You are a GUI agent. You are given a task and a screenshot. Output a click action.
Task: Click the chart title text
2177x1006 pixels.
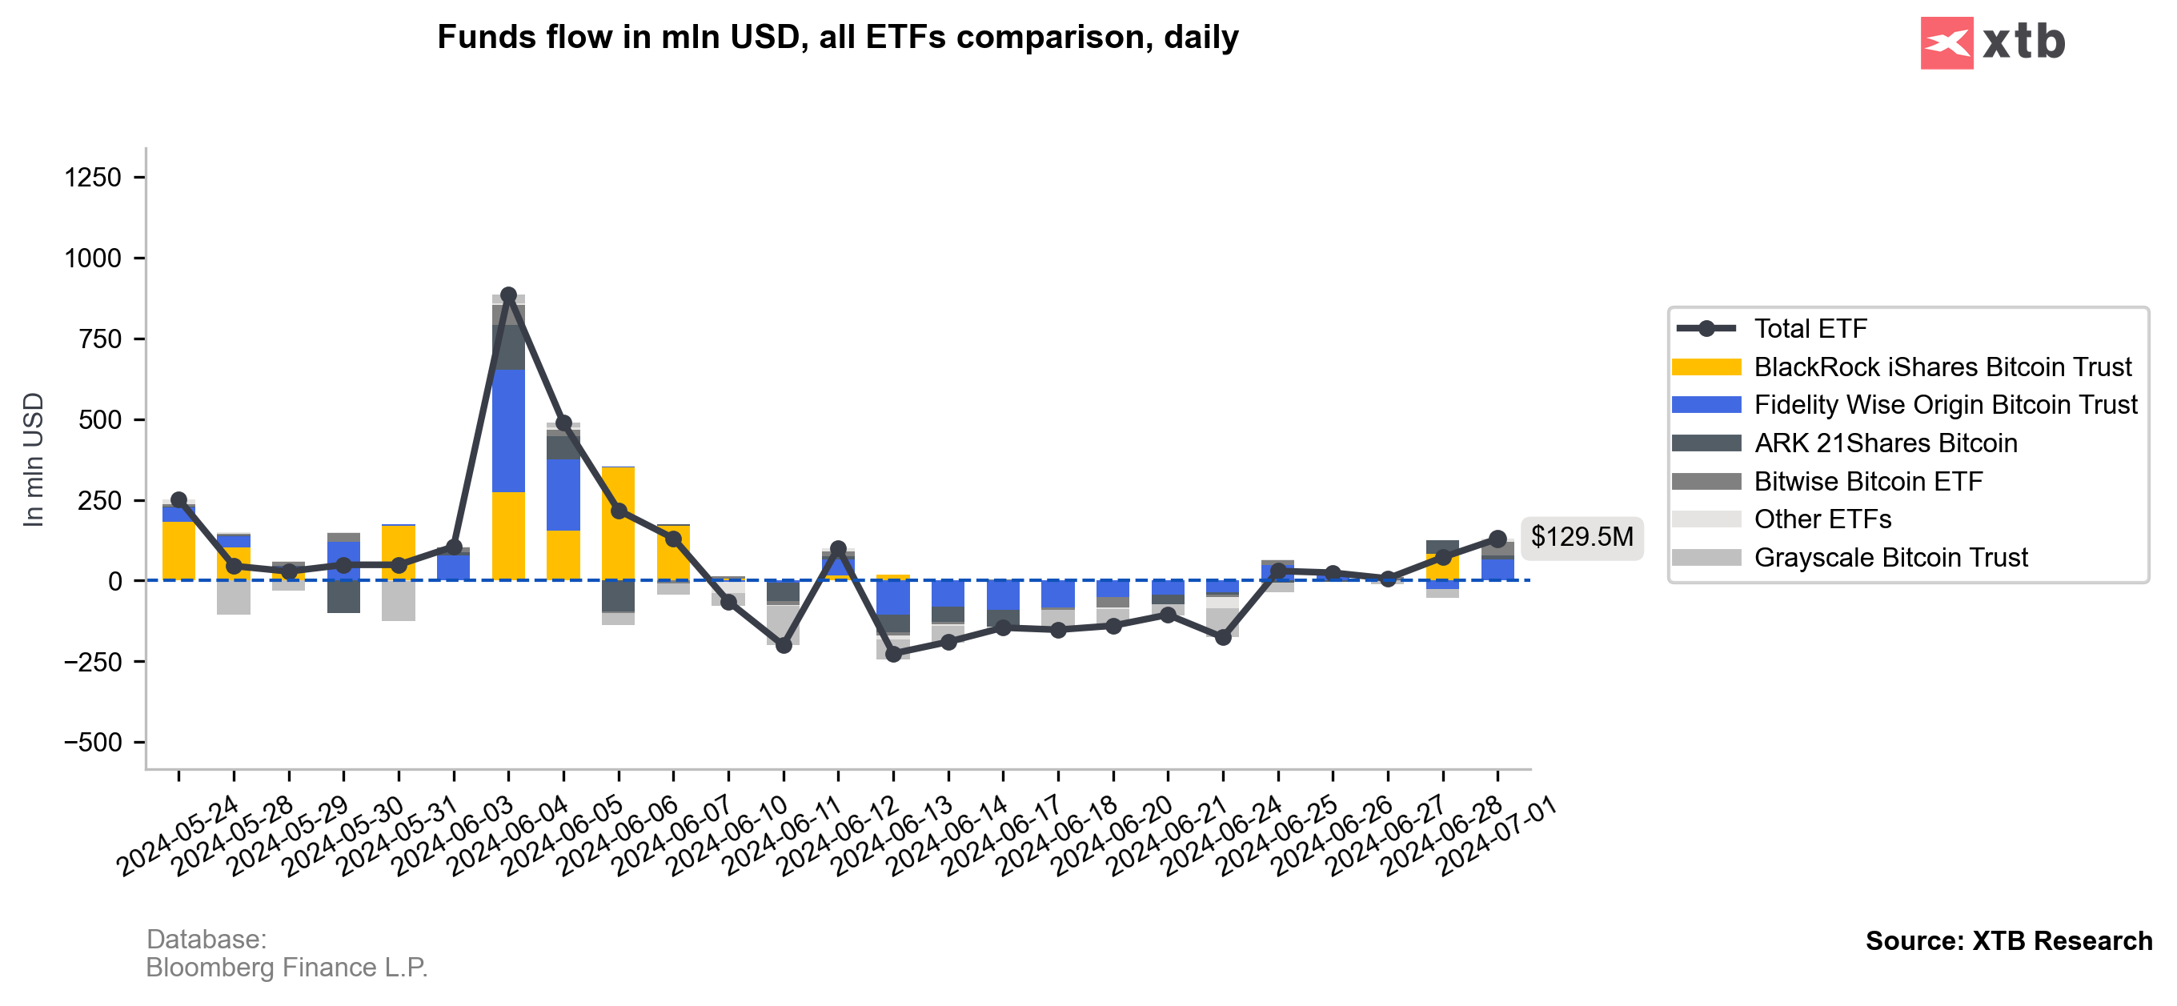pyautogui.click(x=836, y=37)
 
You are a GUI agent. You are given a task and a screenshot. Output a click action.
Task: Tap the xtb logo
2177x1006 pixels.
pyautogui.click(x=1991, y=42)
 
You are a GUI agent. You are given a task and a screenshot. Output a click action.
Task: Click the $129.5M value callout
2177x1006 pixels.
pyautogui.click(x=1582, y=537)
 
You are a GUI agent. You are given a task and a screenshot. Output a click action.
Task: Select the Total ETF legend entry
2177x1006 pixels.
pyautogui.click(x=1810, y=328)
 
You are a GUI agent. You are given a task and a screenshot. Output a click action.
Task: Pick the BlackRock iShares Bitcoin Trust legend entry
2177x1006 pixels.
pyautogui.click(x=1941, y=367)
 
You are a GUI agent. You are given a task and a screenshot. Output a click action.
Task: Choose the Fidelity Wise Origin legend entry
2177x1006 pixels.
pyautogui.click(x=1945, y=405)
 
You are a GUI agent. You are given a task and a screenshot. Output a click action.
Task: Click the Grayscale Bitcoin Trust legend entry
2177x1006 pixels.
pyautogui.click(x=1890, y=558)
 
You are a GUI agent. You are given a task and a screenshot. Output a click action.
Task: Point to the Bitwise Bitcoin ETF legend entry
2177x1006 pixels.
pyautogui.click(x=1868, y=482)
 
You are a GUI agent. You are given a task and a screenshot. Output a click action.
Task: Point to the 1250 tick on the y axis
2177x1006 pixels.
pyautogui.click(x=93, y=178)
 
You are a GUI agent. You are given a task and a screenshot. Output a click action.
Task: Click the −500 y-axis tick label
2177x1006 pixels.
pyautogui.click(x=93, y=743)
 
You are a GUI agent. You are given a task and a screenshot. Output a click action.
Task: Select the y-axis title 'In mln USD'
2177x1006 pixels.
pyautogui.click(x=33, y=459)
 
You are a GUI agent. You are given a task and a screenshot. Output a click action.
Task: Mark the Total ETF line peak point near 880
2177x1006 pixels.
pyautogui.click(x=508, y=295)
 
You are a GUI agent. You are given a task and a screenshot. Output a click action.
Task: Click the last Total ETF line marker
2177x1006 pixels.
pyautogui.click(x=1497, y=539)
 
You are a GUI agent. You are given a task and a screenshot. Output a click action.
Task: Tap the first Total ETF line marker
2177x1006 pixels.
pyautogui.click(x=178, y=499)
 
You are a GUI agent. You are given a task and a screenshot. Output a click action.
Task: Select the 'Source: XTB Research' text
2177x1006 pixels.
pyautogui.click(x=2008, y=941)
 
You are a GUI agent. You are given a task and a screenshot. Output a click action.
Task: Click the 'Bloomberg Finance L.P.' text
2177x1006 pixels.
pyautogui.click(x=287, y=967)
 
